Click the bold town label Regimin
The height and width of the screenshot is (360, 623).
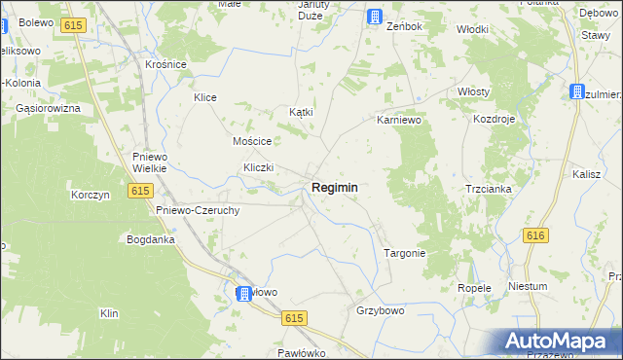coord(334,188)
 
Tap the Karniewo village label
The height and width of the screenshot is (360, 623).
coord(397,122)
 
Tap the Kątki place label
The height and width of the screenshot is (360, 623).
coord(302,112)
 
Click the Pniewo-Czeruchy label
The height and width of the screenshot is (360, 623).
coord(198,209)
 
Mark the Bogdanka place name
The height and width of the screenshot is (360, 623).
coord(150,238)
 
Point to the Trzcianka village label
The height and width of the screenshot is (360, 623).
coord(488,189)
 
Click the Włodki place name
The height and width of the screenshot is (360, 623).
coord(472,29)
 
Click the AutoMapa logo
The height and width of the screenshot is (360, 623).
coord(561,341)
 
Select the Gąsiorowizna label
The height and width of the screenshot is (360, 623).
coord(47,108)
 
